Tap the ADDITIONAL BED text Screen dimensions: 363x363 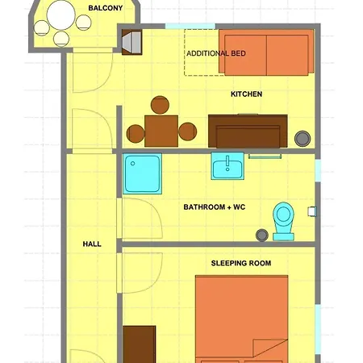215,54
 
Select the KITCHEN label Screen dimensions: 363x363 246,94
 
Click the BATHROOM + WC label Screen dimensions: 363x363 214,207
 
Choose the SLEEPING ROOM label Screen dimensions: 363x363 240,263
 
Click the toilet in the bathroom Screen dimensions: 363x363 282,219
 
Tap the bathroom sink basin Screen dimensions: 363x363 228,168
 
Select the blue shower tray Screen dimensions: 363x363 143,174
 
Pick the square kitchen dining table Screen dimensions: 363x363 161,130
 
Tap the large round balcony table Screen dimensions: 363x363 60,15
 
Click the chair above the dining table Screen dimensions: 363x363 160,106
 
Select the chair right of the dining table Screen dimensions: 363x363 188,131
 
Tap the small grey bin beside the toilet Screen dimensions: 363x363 261,235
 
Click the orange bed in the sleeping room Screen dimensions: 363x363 241,318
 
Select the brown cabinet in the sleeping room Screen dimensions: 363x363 140,344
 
